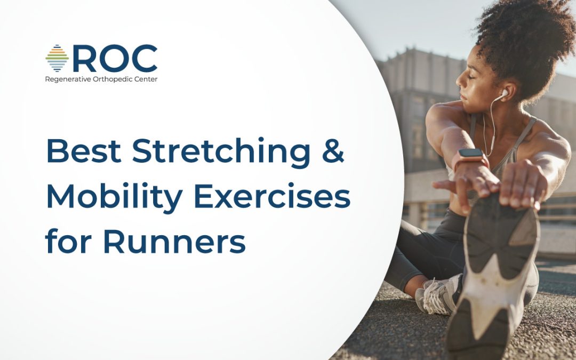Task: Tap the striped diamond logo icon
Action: tap(57, 58)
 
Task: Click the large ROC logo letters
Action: tap(115, 59)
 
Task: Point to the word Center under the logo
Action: tap(146, 79)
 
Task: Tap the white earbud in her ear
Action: tap(503, 94)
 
